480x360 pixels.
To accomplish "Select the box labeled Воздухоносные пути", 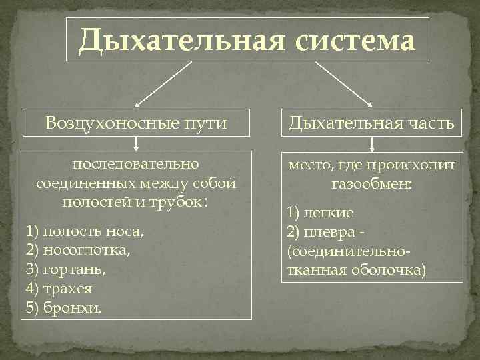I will pyautogui.click(x=137, y=123).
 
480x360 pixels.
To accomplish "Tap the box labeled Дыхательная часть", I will pyautogui.click(x=371, y=123).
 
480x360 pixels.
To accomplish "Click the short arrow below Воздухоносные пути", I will pyautogui.click(x=136, y=144).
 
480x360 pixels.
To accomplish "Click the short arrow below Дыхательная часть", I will pyautogui.click(x=371, y=144).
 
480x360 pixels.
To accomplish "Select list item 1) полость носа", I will pyautogui.click(x=84, y=232).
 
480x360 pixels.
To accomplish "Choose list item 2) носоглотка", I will pyautogui.click(x=78, y=251).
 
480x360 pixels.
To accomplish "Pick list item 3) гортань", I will pyautogui.click(x=66, y=271).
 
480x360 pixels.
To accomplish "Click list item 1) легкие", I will pyautogui.click(x=320, y=213).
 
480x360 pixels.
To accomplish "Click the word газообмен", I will pyautogui.click(x=371, y=183).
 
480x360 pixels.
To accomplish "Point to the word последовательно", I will pyautogui.click(x=136, y=163).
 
